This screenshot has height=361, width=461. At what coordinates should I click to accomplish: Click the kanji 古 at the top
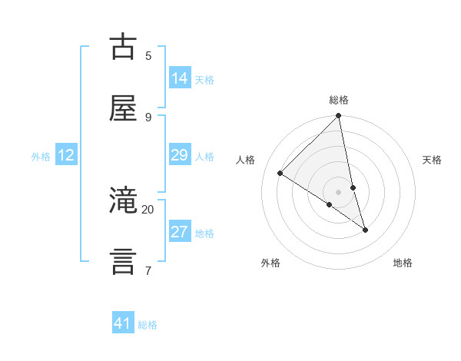pyautogui.click(x=124, y=48)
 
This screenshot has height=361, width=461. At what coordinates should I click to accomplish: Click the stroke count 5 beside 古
pyautogui.click(x=148, y=56)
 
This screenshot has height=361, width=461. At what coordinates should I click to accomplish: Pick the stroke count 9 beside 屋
pyautogui.click(x=148, y=117)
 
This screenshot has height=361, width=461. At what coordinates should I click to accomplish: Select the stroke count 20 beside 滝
pyautogui.click(x=148, y=209)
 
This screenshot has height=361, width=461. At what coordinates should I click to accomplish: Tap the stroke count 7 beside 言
pyautogui.click(x=148, y=270)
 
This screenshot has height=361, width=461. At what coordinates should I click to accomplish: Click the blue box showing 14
pyautogui.click(x=180, y=78)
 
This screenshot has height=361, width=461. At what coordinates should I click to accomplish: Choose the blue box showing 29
pyautogui.click(x=180, y=155)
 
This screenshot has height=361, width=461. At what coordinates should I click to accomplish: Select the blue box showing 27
pyautogui.click(x=180, y=232)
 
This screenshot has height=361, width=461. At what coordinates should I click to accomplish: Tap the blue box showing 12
pyautogui.click(x=66, y=155)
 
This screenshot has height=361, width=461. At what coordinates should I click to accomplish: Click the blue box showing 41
pyautogui.click(x=123, y=323)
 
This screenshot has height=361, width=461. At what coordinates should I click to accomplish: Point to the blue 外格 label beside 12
pyautogui.click(x=41, y=157)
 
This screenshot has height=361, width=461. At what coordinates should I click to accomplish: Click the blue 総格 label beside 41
pyautogui.click(x=148, y=325)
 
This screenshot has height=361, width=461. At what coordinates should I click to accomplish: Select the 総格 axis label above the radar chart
pyautogui.click(x=339, y=100)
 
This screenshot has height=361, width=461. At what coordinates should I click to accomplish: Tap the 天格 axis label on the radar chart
pyautogui.click(x=432, y=160)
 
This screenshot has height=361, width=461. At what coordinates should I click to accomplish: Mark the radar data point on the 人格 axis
pyautogui.click(x=280, y=173)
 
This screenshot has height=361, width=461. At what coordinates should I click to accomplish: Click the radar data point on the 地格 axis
pyautogui.click(x=365, y=230)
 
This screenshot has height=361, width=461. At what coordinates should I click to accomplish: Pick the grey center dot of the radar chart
pyautogui.click(x=338, y=191)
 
